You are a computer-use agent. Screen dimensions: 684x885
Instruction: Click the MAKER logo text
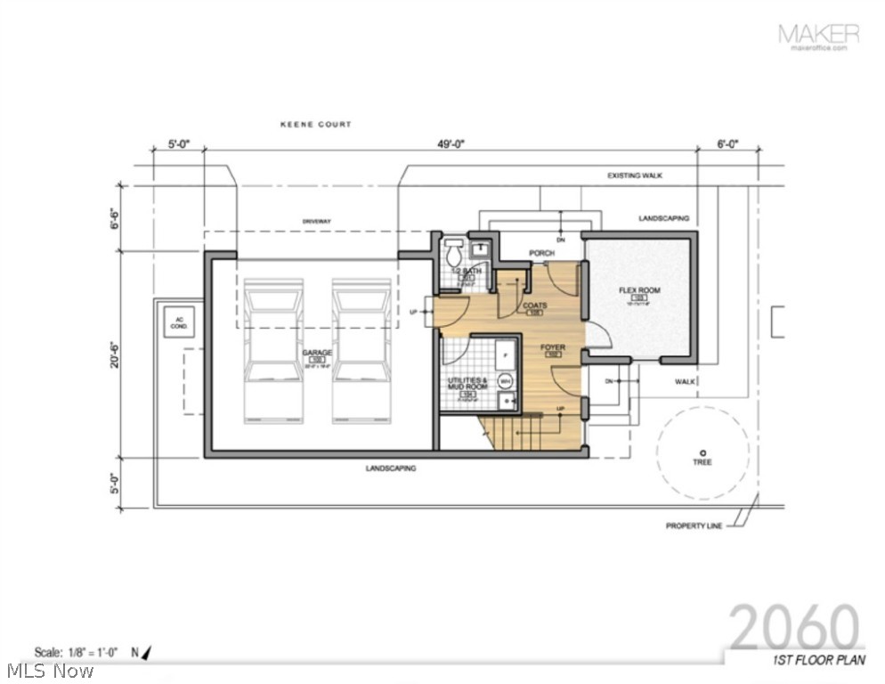(x=818, y=34)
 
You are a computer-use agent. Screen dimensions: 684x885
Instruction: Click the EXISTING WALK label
(x=635, y=175)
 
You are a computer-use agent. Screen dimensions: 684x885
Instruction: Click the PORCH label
(x=541, y=253)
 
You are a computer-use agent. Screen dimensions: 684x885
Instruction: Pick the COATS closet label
(x=535, y=305)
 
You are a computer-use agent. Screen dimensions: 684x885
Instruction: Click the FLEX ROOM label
(x=637, y=290)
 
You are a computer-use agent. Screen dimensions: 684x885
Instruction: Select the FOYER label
(x=550, y=348)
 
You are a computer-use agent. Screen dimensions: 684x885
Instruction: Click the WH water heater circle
(x=506, y=381)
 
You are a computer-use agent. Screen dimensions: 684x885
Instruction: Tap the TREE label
(x=702, y=462)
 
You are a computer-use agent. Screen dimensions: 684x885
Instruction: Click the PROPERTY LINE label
(x=694, y=526)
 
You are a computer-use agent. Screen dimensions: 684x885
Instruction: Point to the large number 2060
(x=794, y=627)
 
